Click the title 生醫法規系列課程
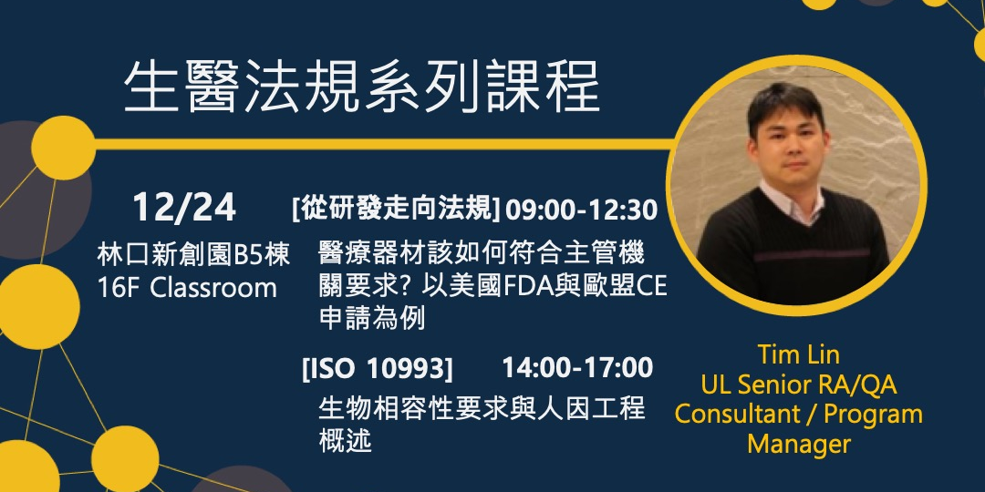coord(361,88)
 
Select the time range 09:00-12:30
coord(581,210)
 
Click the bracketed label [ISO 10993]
coord(377,368)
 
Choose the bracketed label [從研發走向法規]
coord(396,210)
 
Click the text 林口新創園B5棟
coord(193,255)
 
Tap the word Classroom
coord(213,288)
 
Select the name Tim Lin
coord(798,354)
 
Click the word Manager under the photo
coord(798,444)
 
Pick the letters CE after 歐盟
coord(651,286)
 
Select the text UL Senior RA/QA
coord(798,384)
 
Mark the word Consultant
coord(739,414)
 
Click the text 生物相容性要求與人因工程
coord(482,407)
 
